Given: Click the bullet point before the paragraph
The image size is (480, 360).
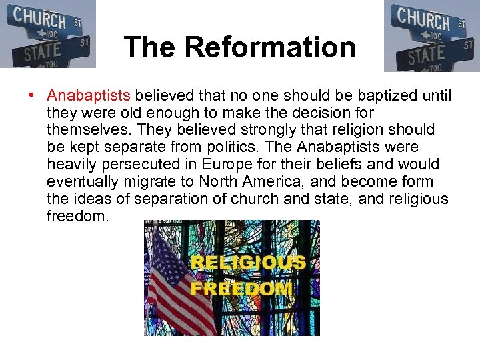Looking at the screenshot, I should [x=31, y=95].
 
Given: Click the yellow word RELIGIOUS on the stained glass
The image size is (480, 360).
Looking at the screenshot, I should [x=248, y=263].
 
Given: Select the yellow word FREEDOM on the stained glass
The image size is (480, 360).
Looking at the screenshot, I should [x=241, y=289].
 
